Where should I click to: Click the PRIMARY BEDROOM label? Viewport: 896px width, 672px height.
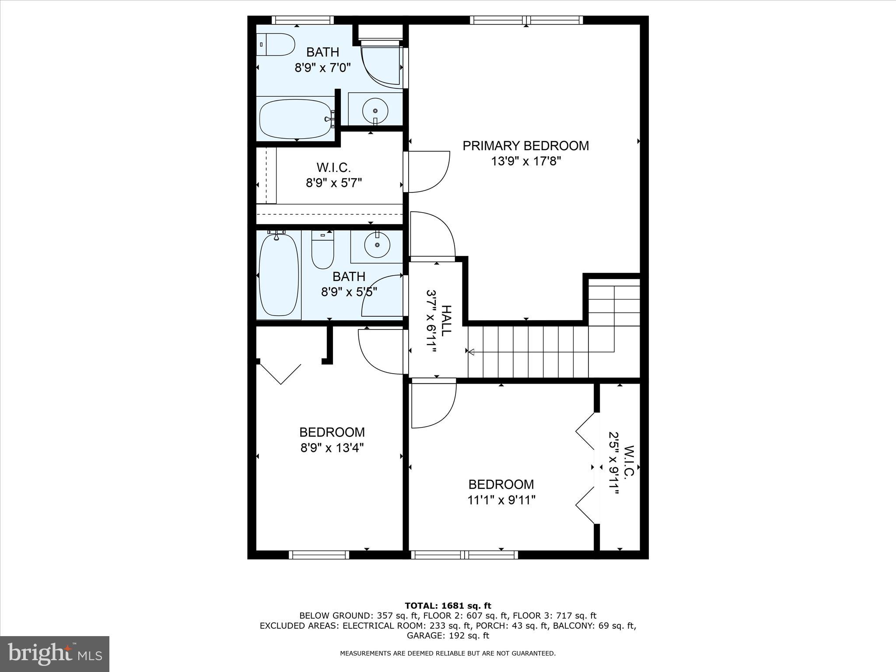click(x=525, y=146)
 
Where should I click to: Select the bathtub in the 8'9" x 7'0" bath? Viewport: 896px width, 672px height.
click(x=297, y=119)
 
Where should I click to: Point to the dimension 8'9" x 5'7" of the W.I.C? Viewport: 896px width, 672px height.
click(x=333, y=182)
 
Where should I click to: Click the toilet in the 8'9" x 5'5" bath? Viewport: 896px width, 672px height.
click(x=323, y=251)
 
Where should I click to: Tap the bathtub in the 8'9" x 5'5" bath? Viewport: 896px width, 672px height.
click(x=279, y=275)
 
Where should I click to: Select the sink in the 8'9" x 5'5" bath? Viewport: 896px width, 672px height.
click(x=377, y=245)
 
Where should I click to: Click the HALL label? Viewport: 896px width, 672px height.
click(x=445, y=321)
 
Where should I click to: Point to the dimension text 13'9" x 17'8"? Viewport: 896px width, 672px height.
click(x=525, y=161)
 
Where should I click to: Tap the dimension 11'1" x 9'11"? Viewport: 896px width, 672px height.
click(x=501, y=500)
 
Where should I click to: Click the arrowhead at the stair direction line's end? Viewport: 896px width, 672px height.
click(x=471, y=351)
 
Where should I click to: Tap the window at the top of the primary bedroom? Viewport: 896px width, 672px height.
click(x=526, y=20)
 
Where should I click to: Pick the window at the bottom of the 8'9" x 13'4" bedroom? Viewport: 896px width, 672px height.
click(x=319, y=555)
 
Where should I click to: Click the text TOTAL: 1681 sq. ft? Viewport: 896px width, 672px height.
click(x=448, y=605)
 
